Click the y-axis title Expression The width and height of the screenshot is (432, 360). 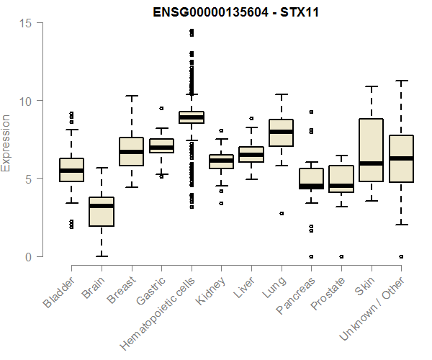click(6, 143)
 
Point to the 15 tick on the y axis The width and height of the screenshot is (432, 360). click(26, 22)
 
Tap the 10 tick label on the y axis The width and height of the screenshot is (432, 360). click(26, 101)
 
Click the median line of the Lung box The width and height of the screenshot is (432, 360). click(281, 132)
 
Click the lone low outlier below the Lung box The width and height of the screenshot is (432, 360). click(282, 213)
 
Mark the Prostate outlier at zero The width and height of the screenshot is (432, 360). click(341, 256)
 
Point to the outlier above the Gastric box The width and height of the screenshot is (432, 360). click(161, 109)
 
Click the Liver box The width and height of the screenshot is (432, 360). click(251, 154)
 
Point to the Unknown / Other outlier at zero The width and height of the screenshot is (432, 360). click(401, 256)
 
